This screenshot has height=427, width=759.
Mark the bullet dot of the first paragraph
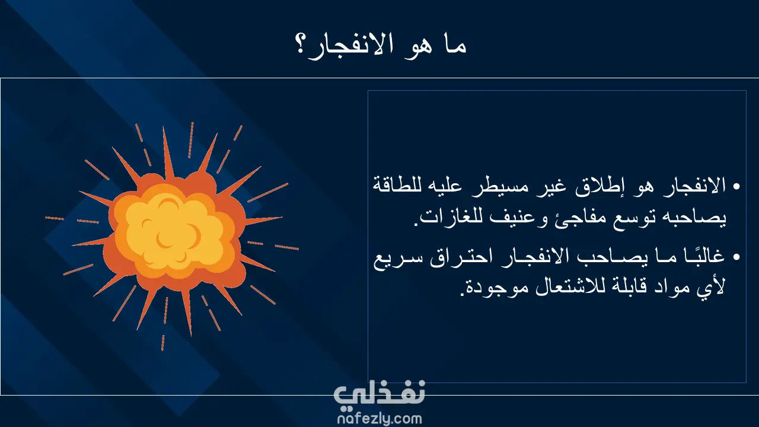[736, 187]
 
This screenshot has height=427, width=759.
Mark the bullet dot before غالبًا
[736, 257]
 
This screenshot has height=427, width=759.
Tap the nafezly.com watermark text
[379, 419]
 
